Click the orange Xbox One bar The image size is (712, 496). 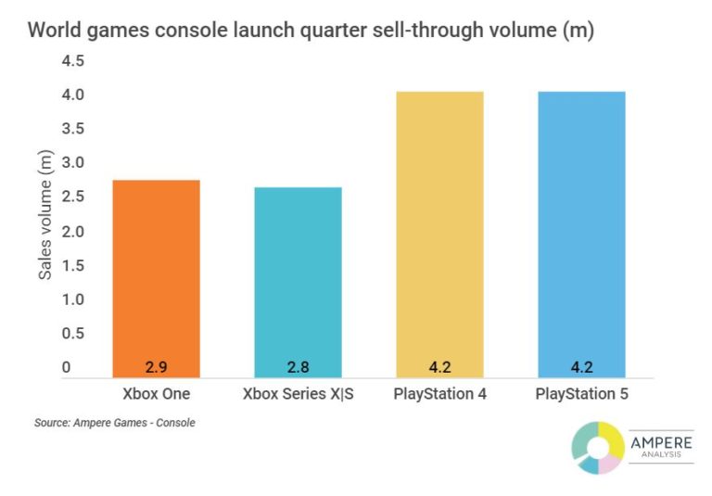point(156,278)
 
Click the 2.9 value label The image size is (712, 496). point(156,365)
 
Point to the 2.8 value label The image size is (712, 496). point(299,365)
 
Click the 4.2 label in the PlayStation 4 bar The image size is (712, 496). point(439,365)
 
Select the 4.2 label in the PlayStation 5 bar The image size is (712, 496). point(581,365)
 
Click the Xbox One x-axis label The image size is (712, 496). point(156,394)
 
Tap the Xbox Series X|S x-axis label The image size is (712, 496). point(299,394)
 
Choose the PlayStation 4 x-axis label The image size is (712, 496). point(439,394)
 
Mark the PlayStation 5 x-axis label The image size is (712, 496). point(581,394)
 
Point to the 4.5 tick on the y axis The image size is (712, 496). point(73,61)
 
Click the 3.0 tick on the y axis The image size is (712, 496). point(73,163)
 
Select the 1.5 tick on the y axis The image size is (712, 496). point(73,266)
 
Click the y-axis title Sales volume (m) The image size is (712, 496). point(44,216)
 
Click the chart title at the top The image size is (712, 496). point(311,30)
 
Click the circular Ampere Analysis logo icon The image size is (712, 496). point(597,447)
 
